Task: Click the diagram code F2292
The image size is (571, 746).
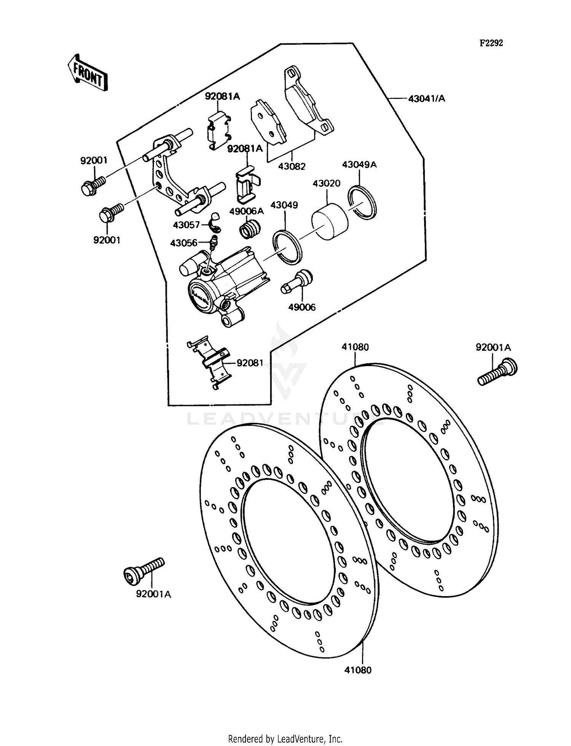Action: coord(491,43)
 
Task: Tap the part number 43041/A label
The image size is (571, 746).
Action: coord(426,99)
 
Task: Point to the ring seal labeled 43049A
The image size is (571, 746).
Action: coord(362,203)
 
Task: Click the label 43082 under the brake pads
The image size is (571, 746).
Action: coord(292,167)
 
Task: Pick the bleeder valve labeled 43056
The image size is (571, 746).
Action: coord(214,243)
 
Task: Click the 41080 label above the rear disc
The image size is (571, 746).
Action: coord(355,347)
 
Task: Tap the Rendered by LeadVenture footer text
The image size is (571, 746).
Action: coord(285,739)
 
